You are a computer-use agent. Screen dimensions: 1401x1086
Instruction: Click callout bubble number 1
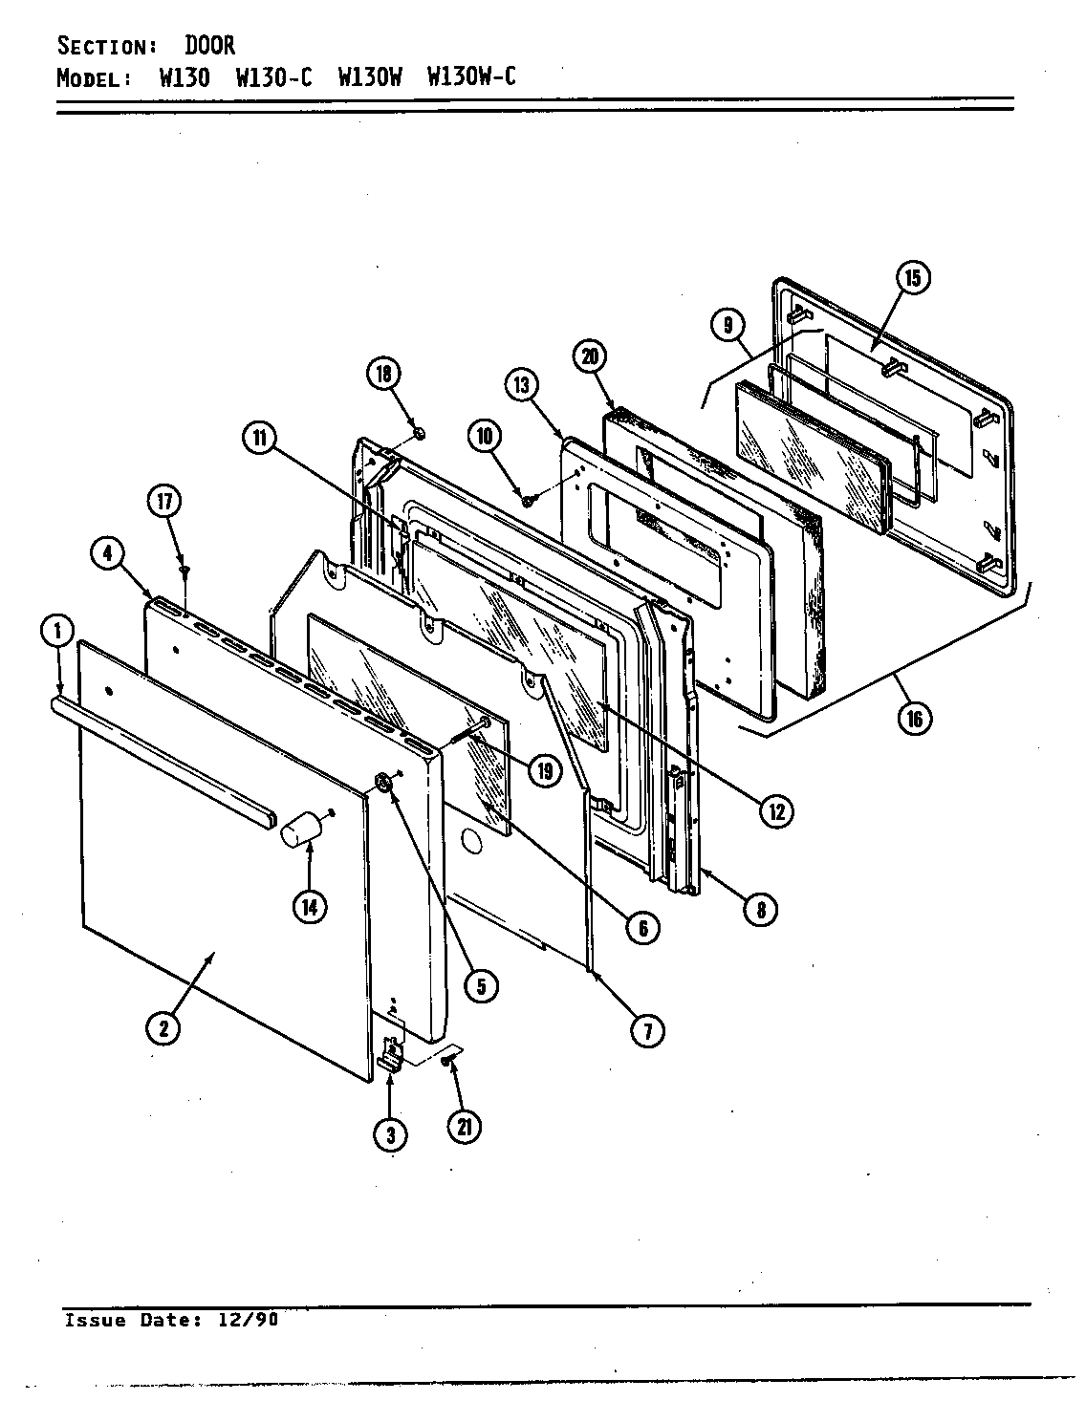pos(57,631)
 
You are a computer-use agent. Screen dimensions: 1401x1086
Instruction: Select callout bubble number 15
pos(912,278)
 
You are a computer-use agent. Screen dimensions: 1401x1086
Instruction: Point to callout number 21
pos(464,1128)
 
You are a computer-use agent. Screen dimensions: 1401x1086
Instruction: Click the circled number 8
pos(761,909)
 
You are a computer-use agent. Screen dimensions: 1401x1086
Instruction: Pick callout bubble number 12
pos(775,811)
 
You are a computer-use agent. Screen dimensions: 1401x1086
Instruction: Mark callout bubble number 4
pos(107,552)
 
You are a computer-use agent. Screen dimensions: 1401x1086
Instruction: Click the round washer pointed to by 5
pos(383,784)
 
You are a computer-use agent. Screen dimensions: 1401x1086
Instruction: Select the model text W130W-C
pos(471,77)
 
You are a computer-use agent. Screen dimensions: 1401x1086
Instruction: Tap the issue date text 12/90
pos(253,1320)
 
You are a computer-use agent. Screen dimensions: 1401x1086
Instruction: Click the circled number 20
pos(590,356)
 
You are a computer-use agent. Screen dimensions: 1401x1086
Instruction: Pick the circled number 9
pos(728,326)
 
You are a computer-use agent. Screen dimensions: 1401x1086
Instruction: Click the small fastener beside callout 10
pos(526,500)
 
